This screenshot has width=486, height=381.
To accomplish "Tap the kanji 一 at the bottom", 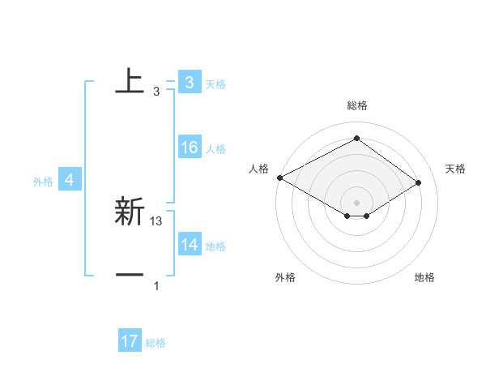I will pyautogui.click(x=130, y=276).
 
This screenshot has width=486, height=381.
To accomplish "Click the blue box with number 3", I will pyautogui.click(x=189, y=83).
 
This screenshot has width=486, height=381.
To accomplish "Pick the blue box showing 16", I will pyautogui.click(x=189, y=148).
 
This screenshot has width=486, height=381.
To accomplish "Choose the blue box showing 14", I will pyautogui.click(x=189, y=245).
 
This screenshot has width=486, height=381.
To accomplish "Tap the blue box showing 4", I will pyautogui.click(x=70, y=180).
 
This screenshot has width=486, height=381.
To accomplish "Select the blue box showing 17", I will pyautogui.click(x=130, y=342).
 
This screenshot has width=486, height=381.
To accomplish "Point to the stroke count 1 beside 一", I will pyautogui.click(x=156, y=286).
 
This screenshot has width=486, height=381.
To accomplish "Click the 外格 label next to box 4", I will pyautogui.click(x=43, y=182).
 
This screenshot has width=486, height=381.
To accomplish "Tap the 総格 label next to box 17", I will pyautogui.click(x=156, y=344).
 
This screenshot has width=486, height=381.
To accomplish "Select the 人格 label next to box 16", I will pyautogui.click(x=215, y=149).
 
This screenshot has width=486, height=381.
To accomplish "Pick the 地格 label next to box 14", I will pyautogui.click(x=215, y=246).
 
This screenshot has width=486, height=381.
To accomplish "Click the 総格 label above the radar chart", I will pyautogui.click(x=356, y=105).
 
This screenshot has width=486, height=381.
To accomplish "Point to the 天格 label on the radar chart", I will pyautogui.click(x=455, y=169).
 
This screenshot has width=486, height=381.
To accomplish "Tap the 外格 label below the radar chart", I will pyautogui.click(x=285, y=277).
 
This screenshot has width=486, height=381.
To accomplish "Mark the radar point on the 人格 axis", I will pyautogui.click(x=279, y=177).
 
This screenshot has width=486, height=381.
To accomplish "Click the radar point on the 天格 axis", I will pyautogui.click(x=419, y=182).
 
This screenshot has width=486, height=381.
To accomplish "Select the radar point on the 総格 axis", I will pyautogui.click(x=356, y=139).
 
